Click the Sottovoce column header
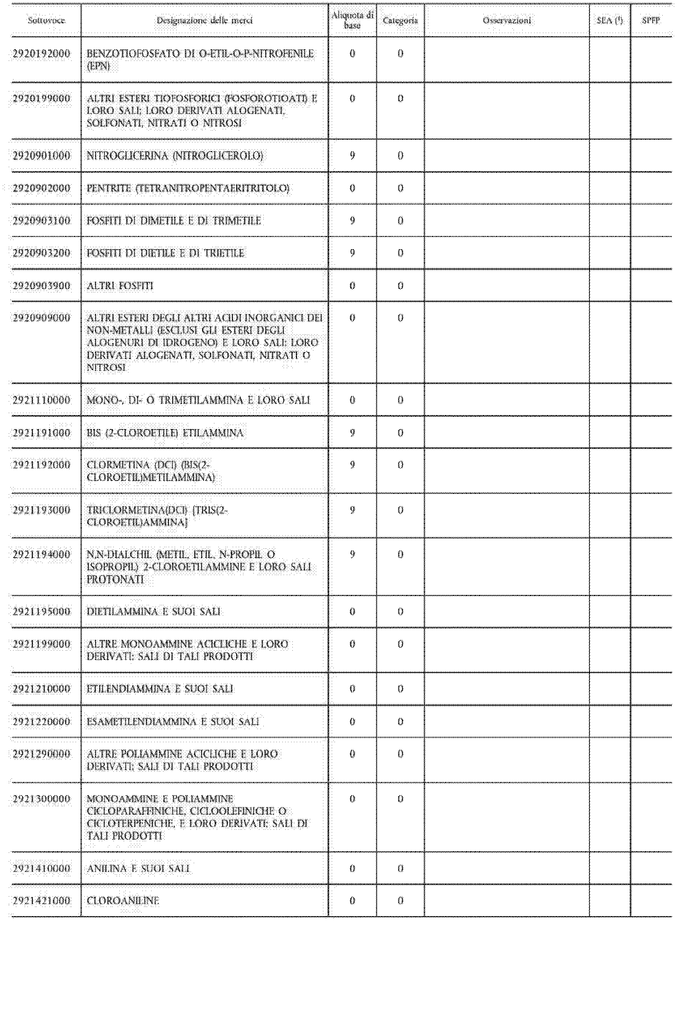click(46, 20)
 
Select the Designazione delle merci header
click(204, 20)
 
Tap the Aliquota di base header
click(352, 20)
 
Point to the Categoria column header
click(400, 20)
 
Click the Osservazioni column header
click(507, 20)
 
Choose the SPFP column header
click(651, 20)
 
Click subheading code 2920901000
click(41, 156)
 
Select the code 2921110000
click(41, 400)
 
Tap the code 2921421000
click(41, 901)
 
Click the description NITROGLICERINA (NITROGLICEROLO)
click(175, 156)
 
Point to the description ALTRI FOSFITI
click(120, 286)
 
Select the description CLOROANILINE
click(123, 901)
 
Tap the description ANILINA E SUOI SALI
click(138, 868)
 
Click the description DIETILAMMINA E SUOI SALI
click(154, 612)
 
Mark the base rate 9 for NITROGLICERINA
click(352, 156)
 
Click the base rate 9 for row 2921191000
click(352, 433)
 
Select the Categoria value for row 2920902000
click(400, 188)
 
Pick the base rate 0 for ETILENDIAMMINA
click(352, 689)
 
